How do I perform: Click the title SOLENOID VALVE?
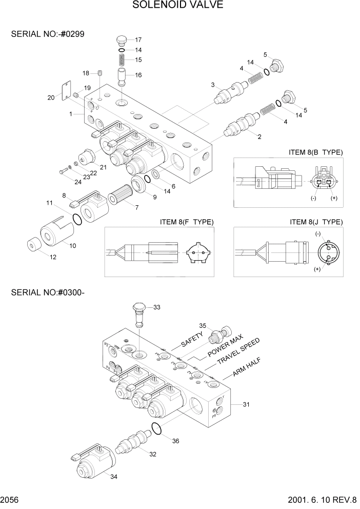click(178, 6)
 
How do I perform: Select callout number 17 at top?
click(138, 40)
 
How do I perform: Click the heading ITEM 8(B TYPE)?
click(316, 152)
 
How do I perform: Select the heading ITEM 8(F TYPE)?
click(187, 222)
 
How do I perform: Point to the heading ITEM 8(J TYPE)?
click(316, 222)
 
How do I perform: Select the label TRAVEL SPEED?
click(238, 351)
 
